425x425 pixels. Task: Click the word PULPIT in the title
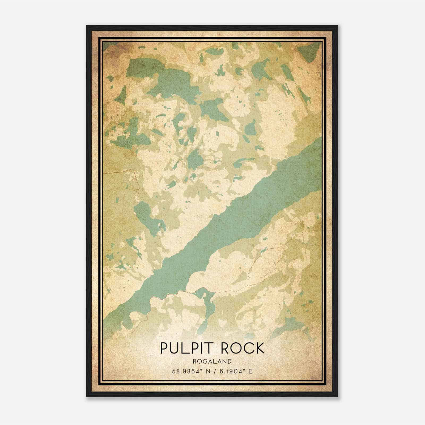click(186, 348)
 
